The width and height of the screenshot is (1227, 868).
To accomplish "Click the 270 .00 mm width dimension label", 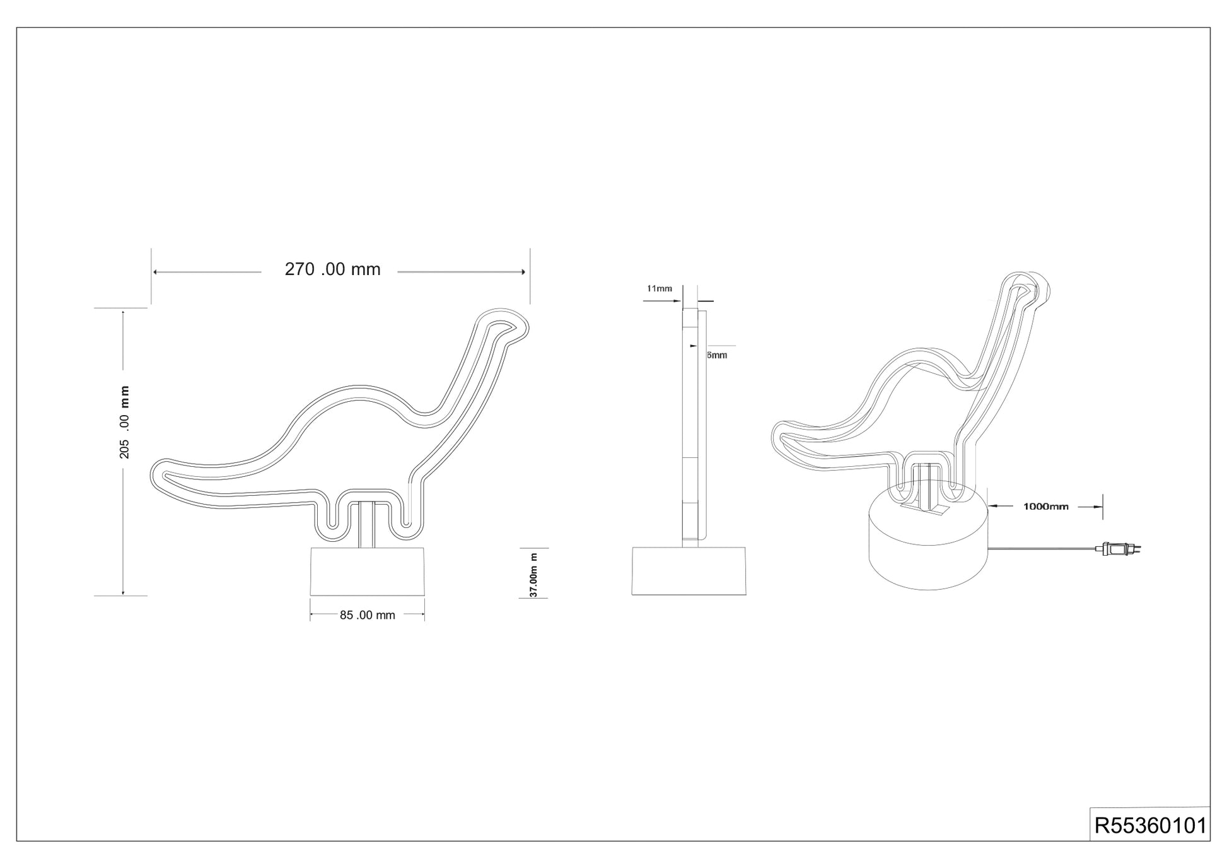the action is (332, 269).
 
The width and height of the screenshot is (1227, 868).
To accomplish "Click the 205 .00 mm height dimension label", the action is (124, 421).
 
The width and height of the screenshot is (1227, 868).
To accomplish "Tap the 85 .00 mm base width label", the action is (367, 615).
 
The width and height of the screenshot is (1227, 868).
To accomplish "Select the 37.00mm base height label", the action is (533, 575).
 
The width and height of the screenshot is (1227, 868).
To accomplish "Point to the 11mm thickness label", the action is (660, 289).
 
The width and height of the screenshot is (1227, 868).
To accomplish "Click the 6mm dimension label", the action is (717, 355).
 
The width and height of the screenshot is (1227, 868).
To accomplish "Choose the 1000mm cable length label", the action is (1045, 507).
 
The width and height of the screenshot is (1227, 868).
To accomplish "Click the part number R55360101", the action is (1150, 826).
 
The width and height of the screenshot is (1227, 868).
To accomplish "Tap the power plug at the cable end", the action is (1120, 551).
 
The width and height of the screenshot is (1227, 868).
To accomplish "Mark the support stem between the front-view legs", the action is (368, 524).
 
